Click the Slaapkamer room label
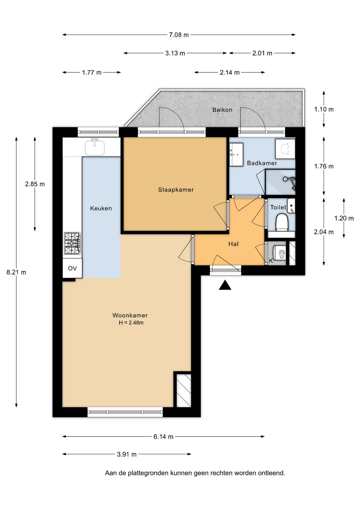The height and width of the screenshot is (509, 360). pyautogui.click(x=176, y=189)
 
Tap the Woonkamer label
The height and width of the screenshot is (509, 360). pyautogui.click(x=130, y=315)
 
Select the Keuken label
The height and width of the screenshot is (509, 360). pyautogui.click(x=101, y=208)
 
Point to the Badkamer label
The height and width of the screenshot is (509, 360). pyautogui.click(x=262, y=163)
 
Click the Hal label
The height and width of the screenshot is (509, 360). pyautogui.click(x=233, y=244)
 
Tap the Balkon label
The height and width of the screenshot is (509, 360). pyautogui.click(x=222, y=110)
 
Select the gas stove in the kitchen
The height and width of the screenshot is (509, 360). pyautogui.click(x=72, y=243)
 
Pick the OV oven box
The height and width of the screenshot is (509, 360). pyautogui.click(x=72, y=269)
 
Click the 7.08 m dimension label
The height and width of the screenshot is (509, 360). pyautogui.click(x=179, y=35)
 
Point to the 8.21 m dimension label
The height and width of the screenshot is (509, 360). pyautogui.click(x=16, y=272)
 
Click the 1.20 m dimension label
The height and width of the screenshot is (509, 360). pyautogui.click(x=344, y=218)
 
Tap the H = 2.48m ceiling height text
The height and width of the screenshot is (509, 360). pyautogui.click(x=131, y=323)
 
